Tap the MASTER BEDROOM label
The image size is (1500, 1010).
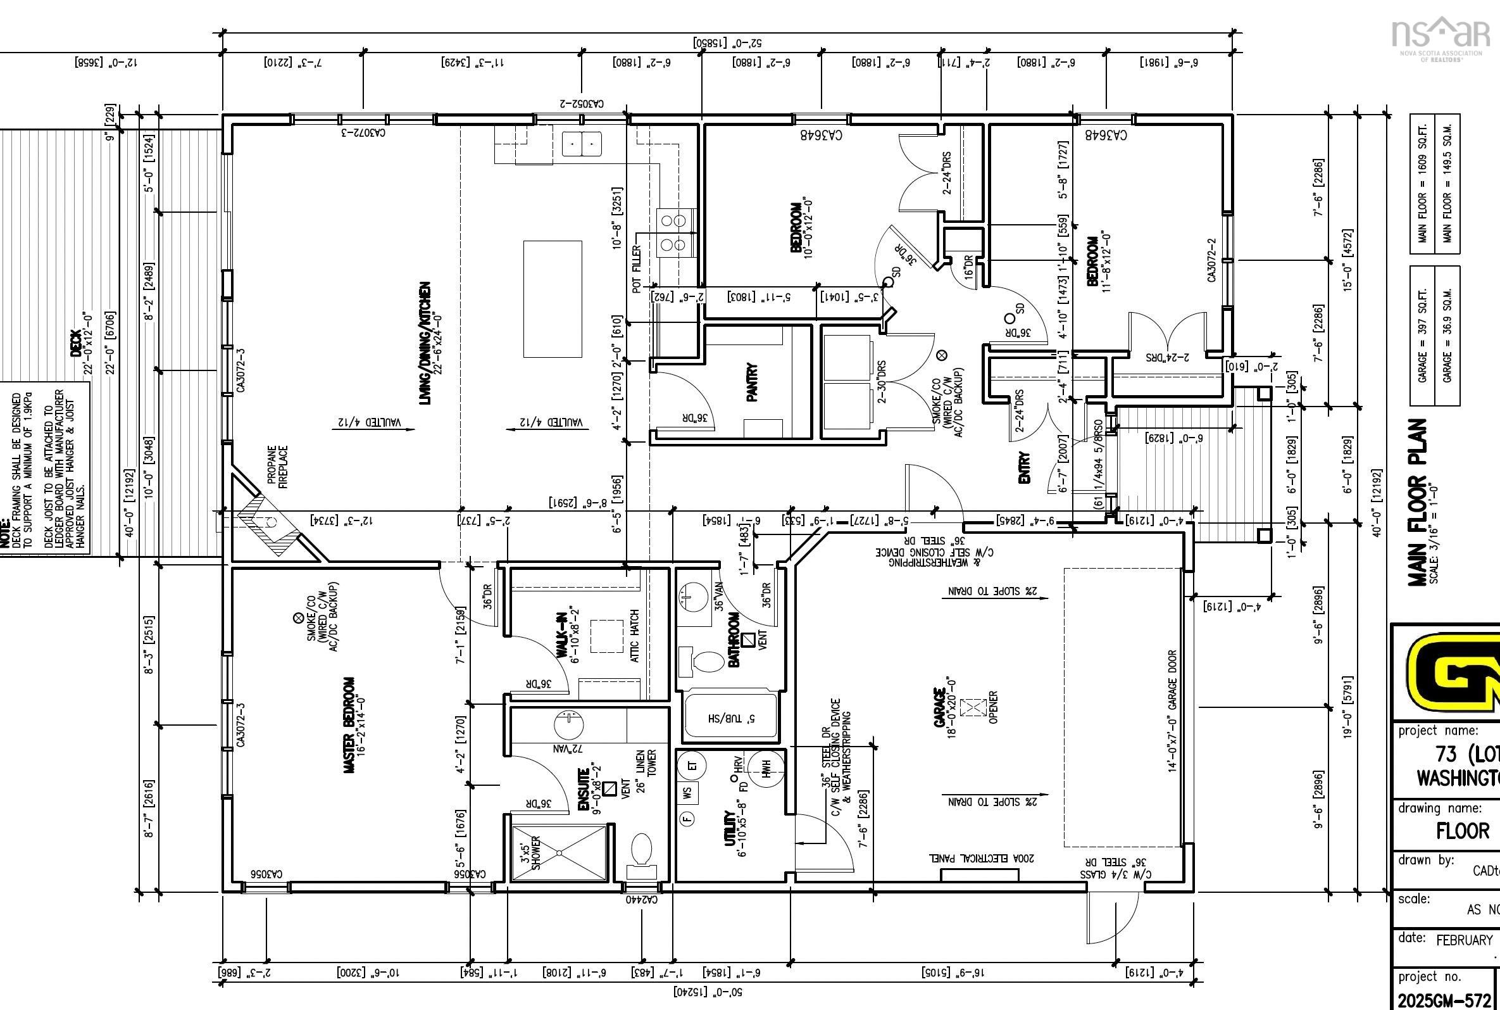(x=349, y=724)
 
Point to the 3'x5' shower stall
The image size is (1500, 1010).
(x=559, y=853)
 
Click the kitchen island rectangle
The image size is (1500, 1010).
(x=553, y=299)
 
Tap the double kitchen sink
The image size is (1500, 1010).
(x=582, y=144)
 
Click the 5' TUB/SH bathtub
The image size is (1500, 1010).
(x=728, y=717)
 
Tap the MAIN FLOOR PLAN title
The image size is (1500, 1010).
(x=1418, y=502)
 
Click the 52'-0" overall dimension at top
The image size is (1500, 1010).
(x=727, y=43)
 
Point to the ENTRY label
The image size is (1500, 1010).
(x=1024, y=468)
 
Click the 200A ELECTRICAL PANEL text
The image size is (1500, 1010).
(x=981, y=859)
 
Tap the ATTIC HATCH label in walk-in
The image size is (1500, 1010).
(x=635, y=636)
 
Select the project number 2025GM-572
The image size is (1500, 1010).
(x=1444, y=1001)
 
